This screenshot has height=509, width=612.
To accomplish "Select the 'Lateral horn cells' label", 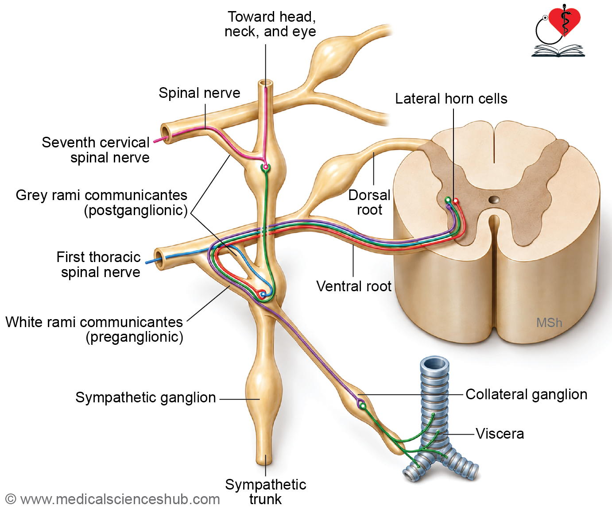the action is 451,99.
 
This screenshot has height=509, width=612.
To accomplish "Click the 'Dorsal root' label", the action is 369,202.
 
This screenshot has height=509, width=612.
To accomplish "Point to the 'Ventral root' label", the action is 354,286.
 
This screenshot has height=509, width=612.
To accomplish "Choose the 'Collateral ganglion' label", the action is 527,394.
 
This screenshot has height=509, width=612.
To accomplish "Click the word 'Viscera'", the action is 500,434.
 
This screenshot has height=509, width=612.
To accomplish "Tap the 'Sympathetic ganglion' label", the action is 146,397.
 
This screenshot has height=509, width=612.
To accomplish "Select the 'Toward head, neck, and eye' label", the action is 270,24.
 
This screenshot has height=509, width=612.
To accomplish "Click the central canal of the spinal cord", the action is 494,200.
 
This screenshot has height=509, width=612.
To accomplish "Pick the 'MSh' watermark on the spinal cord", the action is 549,323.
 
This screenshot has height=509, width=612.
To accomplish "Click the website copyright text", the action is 113,499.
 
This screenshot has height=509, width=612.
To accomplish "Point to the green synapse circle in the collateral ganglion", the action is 363,406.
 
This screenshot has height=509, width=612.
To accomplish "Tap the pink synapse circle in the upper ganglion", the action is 266,167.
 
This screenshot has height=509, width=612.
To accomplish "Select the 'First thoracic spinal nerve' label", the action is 98,265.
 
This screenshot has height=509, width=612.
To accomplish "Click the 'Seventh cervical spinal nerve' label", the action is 96,150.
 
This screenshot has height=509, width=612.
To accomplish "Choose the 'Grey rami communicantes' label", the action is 101,203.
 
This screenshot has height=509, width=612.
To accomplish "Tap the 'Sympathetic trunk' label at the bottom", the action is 266,492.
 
